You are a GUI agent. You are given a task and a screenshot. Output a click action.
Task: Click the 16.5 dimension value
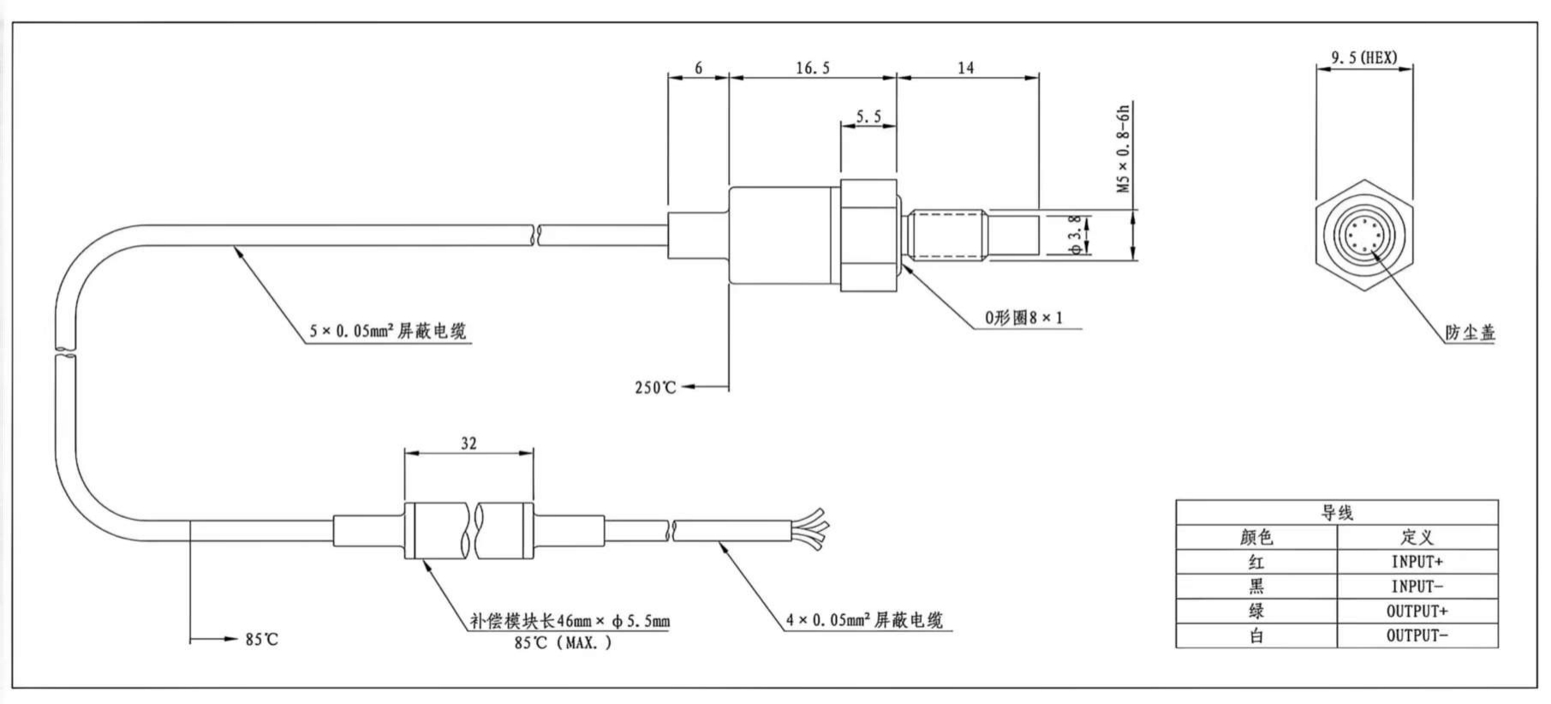point(812,69)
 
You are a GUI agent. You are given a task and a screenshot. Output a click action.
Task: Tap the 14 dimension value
point(965,69)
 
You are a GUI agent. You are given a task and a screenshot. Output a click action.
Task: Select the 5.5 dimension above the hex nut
point(868,117)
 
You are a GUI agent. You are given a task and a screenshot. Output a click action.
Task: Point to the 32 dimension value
point(468,444)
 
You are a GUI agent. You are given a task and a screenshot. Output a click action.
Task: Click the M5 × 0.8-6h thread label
point(1124,148)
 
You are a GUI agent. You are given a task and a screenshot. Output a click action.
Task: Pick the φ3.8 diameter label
point(1076,235)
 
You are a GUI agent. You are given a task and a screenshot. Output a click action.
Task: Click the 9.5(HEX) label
point(1363,57)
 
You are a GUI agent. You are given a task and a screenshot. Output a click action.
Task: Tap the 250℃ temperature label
point(655,388)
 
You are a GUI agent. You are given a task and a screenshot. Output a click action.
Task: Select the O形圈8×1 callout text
point(1023,318)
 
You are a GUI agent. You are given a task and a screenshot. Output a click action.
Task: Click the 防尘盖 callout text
point(1470,333)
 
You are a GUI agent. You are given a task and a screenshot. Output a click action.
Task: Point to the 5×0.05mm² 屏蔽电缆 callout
point(388,331)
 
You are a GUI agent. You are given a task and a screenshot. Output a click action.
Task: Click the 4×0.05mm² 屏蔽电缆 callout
point(864,620)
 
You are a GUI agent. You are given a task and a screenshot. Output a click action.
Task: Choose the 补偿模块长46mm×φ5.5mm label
point(570,621)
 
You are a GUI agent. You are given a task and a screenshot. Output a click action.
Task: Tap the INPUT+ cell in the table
point(1417,562)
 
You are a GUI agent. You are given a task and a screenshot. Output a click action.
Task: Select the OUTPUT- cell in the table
point(1417,635)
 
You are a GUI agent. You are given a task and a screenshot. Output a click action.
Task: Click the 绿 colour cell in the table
point(1256,611)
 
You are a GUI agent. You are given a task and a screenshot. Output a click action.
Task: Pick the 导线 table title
point(1336,513)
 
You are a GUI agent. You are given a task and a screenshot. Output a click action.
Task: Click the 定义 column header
point(1417,537)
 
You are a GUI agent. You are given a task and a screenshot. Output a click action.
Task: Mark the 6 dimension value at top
point(698,69)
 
